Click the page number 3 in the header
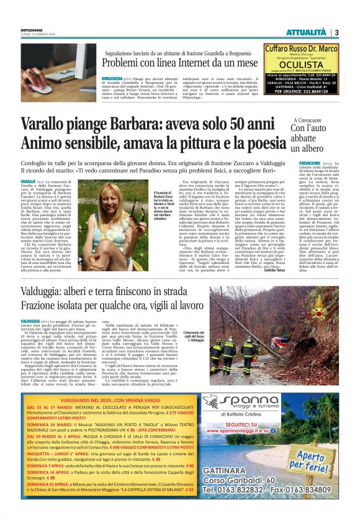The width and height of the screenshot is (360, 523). (336, 32)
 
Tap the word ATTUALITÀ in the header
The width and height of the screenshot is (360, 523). (305, 32)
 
